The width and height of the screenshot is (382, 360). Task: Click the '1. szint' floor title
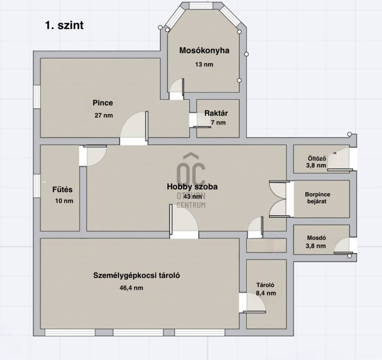64,25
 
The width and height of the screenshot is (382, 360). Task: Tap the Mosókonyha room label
204,51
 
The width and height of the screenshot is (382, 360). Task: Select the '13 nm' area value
204,65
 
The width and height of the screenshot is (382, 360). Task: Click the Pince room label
103,103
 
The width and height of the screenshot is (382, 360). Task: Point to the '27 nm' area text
104,115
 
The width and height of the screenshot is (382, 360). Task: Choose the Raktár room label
216,113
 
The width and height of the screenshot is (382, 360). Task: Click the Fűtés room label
63,189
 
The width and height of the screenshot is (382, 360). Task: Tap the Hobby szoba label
192,186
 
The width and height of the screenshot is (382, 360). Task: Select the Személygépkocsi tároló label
137,275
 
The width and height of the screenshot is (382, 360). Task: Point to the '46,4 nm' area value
131,288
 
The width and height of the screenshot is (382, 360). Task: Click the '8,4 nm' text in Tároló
266,293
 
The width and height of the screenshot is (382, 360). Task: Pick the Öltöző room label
317,159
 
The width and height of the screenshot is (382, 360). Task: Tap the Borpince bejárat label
318,198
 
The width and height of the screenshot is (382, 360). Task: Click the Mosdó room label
317,238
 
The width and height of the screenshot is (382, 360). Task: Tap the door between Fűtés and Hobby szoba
93,155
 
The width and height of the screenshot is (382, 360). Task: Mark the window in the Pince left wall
37,97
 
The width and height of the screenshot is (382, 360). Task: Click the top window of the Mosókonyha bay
201,6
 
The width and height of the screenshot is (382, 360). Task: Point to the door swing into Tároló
254,303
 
